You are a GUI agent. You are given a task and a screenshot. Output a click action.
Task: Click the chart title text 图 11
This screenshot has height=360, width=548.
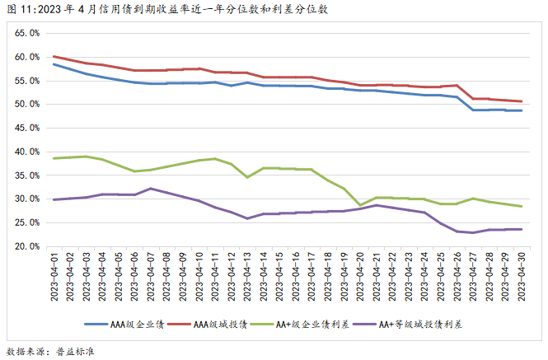21,10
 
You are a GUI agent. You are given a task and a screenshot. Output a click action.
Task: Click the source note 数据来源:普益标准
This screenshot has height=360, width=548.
51,351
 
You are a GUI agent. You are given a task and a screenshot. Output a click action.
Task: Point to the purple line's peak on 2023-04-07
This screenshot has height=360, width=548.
151,189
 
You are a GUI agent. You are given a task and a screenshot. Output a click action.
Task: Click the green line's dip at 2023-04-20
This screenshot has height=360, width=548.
360,204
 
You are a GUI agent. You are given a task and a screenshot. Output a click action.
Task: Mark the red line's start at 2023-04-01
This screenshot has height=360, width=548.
54,57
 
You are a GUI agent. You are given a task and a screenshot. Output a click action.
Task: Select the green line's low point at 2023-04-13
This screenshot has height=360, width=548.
247,177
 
